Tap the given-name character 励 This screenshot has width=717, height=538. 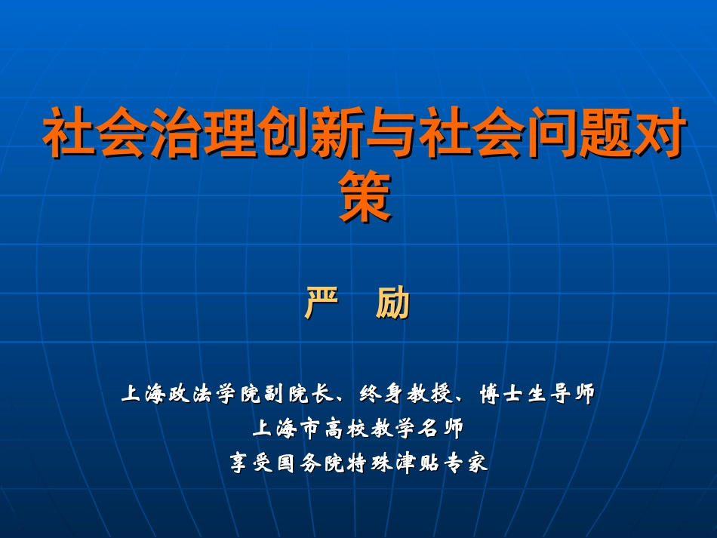[392, 303]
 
